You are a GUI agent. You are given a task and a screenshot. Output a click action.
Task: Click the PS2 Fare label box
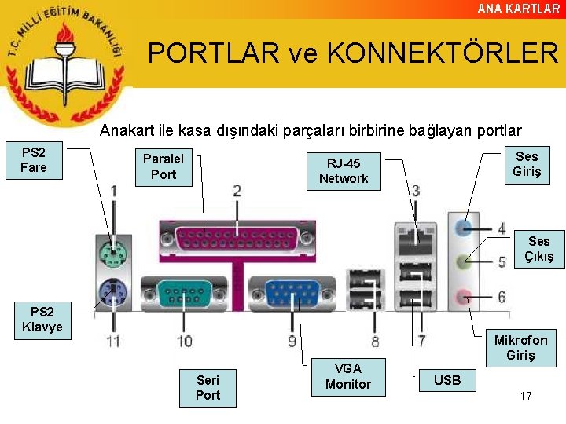click(x=34, y=160)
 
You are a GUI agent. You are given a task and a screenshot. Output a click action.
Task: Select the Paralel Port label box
click(x=164, y=166)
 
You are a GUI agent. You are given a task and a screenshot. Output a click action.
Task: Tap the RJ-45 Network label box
click(x=344, y=171)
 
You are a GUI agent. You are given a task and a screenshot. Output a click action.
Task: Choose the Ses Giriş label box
click(x=527, y=164)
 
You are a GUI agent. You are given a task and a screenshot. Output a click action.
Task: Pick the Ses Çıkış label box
click(x=539, y=249)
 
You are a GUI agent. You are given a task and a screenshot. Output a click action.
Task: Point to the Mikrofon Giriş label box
click(x=521, y=347)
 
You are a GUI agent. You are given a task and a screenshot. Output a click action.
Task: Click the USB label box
click(x=447, y=380)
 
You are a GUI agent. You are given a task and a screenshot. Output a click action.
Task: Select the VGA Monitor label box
click(x=348, y=376)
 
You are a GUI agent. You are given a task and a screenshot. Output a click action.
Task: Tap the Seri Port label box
click(x=208, y=387)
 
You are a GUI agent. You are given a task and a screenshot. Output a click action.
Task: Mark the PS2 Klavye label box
click(x=42, y=320)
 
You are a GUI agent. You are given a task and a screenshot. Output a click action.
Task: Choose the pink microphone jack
click(x=464, y=296)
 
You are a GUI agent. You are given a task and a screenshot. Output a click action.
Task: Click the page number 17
click(x=526, y=396)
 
